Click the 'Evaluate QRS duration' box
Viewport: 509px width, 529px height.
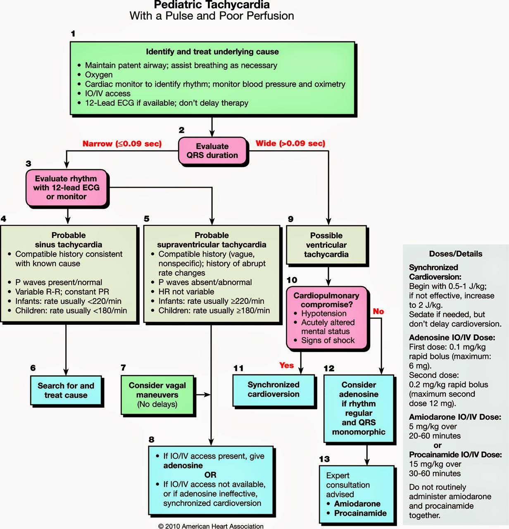(x=212, y=151)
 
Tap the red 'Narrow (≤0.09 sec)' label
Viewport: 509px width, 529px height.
(x=122, y=144)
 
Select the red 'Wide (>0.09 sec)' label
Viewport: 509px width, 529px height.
(x=290, y=143)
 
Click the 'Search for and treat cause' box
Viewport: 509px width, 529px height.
(x=66, y=390)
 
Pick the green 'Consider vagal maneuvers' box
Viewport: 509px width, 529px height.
(x=157, y=395)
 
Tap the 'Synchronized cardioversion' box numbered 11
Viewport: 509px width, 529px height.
(x=274, y=389)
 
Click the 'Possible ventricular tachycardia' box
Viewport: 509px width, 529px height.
(x=326, y=245)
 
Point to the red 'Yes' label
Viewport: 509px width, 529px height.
(x=286, y=365)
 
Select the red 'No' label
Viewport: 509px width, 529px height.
(x=378, y=311)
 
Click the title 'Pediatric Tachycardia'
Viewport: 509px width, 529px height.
(x=212, y=5)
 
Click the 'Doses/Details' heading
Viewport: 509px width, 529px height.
(x=455, y=254)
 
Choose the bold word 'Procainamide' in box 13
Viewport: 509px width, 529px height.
(x=360, y=513)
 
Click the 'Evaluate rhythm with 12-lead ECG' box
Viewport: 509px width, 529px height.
(x=67, y=188)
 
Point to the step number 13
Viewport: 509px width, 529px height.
(x=324, y=459)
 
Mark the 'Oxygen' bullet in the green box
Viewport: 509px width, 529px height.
(x=99, y=75)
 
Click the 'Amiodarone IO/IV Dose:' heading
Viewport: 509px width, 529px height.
(x=455, y=417)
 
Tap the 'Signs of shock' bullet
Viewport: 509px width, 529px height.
(x=328, y=341)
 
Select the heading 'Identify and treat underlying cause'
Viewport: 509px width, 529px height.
(x=212, y=52)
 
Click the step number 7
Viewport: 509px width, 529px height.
(x=123, y=367)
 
